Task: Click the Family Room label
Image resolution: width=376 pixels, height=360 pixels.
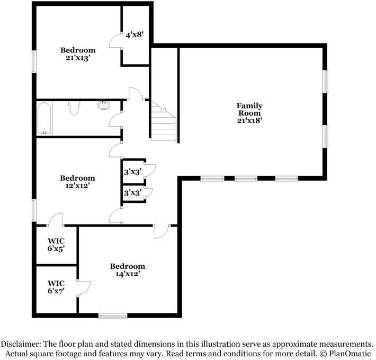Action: click(249, 109)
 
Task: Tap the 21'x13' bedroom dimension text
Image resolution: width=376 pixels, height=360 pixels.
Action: click(77, 58)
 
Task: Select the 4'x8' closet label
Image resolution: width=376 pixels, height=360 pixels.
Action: click(135, 36)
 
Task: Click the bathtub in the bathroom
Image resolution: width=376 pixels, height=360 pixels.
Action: click(44, 118)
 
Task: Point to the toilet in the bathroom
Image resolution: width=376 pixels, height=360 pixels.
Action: click(74, 109)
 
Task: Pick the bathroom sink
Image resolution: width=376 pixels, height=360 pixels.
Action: click(105, 105)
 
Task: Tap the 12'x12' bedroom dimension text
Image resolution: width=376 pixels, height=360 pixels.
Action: click(77, 186)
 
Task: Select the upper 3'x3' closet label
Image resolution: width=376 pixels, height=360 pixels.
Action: click(132, 172)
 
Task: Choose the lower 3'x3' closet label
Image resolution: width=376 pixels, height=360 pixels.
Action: click(132, 193)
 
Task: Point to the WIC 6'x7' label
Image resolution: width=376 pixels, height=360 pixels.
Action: click(56, 287)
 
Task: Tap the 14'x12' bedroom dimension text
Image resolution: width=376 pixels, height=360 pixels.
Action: click(128, 274)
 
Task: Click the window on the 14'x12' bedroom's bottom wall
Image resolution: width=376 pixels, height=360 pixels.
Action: click(113, 316)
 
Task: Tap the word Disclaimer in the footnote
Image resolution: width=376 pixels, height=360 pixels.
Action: click(23, 344)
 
